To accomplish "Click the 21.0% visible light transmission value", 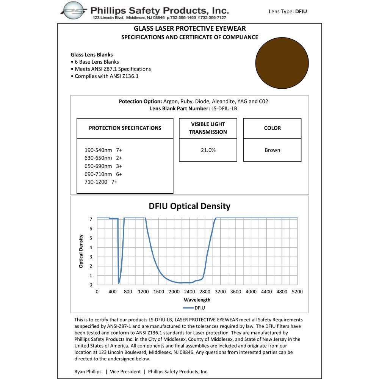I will point(208,150).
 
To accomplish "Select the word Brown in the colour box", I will point(272,150).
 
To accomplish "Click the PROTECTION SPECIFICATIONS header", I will point(125,128).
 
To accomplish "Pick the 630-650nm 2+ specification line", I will point(103,158).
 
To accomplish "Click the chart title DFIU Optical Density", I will point(189,206).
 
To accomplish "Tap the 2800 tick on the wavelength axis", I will point(205,292).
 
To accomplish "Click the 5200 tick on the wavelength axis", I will point(297,292).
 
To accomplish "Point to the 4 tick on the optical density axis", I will point(91,247).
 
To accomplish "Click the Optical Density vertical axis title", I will point(81,251).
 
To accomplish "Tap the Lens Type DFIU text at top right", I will point(288,11).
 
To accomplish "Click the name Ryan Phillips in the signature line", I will point(88,371).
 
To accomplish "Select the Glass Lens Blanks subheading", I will point(91,55).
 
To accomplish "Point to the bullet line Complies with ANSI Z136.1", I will point(108,76).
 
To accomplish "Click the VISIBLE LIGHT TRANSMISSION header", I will point(208,128).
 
